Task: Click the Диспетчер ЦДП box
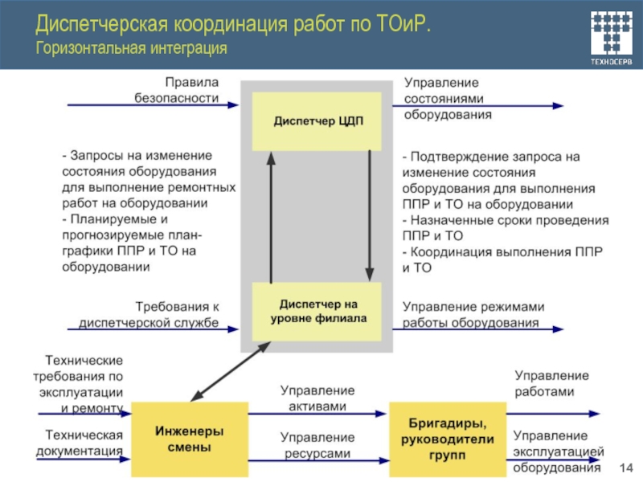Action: (319, 121)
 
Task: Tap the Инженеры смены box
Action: (190, 439)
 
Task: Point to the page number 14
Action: (628, 468)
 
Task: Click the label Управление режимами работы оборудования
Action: (473, 314)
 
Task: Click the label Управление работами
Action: (551, 383)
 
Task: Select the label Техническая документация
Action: (80, 443)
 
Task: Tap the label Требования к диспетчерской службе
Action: (167, 314)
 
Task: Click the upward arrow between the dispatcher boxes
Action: (271, 217)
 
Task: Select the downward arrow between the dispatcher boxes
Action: (368, 217)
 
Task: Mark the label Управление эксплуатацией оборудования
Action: (558, 451)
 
